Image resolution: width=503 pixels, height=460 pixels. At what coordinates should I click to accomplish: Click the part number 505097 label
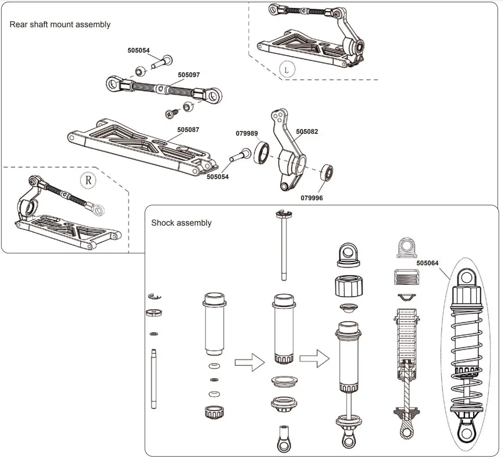(x=189, y=75)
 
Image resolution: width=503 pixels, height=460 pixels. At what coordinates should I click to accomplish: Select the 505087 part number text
(x=188, y=130)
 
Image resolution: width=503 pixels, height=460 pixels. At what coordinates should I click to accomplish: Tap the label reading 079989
(x=247, y=133)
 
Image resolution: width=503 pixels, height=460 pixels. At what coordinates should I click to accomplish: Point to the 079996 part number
(x=312, y=198)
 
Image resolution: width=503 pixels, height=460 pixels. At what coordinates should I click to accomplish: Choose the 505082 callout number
(x=307, y=131)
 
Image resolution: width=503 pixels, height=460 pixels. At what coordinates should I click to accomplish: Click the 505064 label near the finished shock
(x=427, y=263)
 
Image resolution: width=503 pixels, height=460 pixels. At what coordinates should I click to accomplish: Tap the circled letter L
(x=287, y=70)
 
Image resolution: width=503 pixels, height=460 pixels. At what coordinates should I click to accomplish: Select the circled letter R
(x=88, y=179)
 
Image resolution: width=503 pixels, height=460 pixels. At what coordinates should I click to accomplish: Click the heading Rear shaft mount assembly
(x=60, y=24)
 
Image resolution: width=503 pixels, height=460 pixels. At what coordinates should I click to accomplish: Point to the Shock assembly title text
(x=181, y=223)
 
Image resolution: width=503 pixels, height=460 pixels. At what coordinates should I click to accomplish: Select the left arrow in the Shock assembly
(x=249, y=363)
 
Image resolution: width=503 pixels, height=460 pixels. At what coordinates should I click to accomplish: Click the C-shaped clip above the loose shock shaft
(x=155, y=297)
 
